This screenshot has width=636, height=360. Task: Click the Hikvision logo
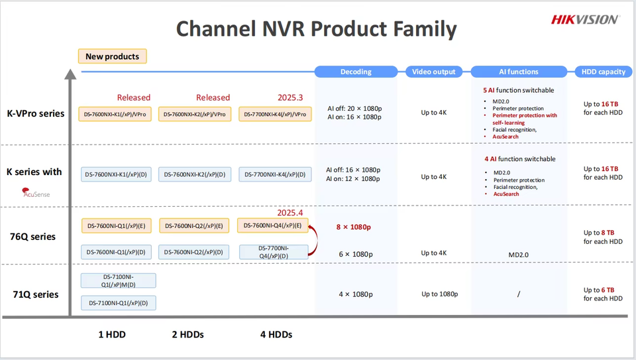point(585,19)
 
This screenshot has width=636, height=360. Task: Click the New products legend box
point(112,56)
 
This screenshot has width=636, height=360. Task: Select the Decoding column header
point(356,72)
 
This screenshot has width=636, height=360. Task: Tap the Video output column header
point(434,72)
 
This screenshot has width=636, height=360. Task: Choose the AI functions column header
point(518,72)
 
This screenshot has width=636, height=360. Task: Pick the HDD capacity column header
point(603,72)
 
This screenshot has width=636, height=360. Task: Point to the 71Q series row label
point(36,294)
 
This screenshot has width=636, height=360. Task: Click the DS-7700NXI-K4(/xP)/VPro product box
point(275,114)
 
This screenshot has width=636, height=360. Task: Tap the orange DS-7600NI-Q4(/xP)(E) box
point(272,225)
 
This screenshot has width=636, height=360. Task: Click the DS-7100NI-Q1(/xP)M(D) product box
point(118,280)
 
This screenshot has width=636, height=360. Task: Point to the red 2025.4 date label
point(290,213)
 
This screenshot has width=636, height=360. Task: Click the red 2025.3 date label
point(290,97)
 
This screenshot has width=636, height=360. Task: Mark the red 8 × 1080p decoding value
point(354,227)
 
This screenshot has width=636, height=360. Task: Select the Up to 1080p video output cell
point(439,294)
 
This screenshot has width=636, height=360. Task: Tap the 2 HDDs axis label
point(186,334)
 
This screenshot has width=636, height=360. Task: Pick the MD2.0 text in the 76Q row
point(518,253)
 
